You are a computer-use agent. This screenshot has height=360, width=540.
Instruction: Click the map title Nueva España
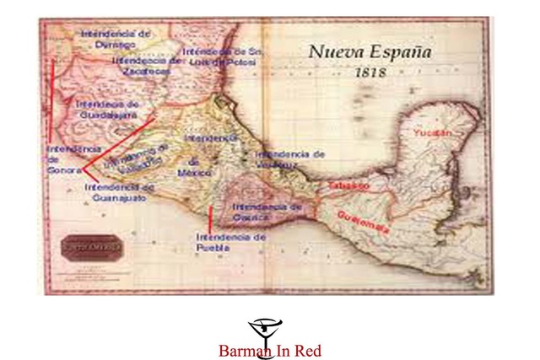(370, 51)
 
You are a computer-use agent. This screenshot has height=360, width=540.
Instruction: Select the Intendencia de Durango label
(116, 38)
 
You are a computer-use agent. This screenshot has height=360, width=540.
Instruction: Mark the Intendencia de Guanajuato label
(119, 192)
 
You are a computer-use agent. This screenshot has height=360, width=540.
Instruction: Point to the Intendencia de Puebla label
(230, 243)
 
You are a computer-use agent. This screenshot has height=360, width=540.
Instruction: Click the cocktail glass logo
(266, 330)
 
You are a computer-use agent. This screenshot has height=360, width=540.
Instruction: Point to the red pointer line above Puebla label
(209, 218)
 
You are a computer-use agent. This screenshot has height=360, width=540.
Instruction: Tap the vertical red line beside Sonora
(52, 101)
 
